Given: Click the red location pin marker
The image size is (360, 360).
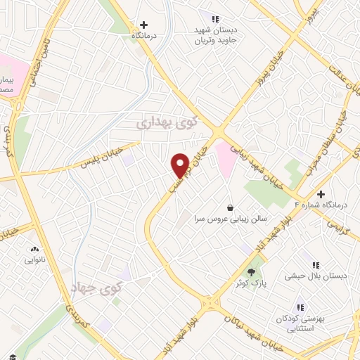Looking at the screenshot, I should pos(180,165).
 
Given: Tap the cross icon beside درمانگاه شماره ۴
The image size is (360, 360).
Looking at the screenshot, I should pos(321,193).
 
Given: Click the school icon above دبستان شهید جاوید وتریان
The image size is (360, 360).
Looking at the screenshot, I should pos(216,19).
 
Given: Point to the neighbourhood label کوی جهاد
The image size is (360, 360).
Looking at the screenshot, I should pos(96,288).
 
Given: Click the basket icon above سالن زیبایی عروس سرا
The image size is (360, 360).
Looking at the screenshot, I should pos(231,207).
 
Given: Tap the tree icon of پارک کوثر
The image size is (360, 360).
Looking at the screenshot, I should pos(252,271).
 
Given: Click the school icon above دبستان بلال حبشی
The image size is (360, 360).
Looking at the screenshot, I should pos(316,264).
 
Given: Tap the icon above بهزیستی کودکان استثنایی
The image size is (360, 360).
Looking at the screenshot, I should pos(302,307).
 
